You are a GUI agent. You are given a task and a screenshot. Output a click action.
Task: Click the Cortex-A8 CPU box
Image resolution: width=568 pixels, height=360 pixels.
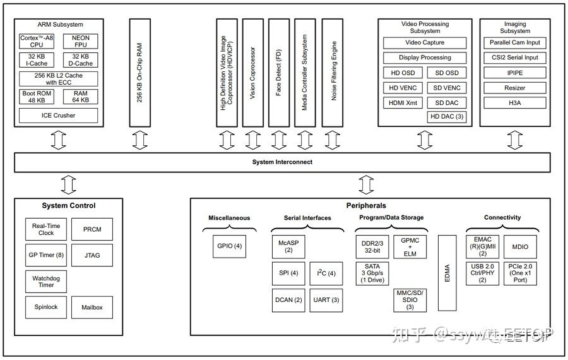[37, 42]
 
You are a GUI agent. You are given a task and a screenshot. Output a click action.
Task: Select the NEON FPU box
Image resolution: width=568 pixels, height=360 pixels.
[81, 42]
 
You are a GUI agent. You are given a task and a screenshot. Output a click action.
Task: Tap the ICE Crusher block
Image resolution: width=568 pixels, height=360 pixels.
[59, 115]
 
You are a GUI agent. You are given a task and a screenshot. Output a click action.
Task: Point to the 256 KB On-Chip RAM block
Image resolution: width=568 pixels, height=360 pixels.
[140, 72]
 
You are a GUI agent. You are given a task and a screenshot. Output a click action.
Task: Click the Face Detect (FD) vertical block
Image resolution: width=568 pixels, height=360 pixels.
[279, 72]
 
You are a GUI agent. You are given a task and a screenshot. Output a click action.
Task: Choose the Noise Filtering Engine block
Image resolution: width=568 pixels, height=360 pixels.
[333, 72]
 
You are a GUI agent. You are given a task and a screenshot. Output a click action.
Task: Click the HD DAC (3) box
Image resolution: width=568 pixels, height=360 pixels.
[447, 117]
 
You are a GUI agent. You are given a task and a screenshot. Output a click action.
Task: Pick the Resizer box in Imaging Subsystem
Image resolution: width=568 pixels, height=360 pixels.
[515, 88]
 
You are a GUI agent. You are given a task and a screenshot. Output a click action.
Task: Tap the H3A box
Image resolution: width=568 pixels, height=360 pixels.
[515, 102]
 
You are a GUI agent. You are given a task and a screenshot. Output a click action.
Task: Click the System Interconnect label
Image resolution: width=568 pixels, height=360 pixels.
[282, 162]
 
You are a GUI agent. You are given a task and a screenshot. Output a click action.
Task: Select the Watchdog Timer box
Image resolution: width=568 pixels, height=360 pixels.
[46, 281]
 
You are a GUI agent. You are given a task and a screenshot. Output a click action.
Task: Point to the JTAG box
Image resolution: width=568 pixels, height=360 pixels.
[92, 256]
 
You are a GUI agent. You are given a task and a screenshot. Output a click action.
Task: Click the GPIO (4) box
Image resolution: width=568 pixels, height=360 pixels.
[228, 246]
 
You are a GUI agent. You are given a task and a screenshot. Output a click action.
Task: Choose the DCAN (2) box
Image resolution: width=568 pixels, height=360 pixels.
[288, 300]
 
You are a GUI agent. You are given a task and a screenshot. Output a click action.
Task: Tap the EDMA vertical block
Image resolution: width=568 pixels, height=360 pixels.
[447, 273]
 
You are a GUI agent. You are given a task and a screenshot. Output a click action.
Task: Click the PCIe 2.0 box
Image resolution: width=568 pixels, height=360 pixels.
[520, 273]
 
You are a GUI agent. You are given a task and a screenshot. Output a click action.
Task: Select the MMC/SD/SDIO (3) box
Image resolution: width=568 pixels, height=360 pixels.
[410, 300]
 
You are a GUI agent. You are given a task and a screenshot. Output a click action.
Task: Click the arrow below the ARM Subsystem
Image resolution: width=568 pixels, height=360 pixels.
[59, 140]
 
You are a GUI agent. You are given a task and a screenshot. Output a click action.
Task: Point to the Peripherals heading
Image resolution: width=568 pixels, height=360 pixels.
[366, 205]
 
